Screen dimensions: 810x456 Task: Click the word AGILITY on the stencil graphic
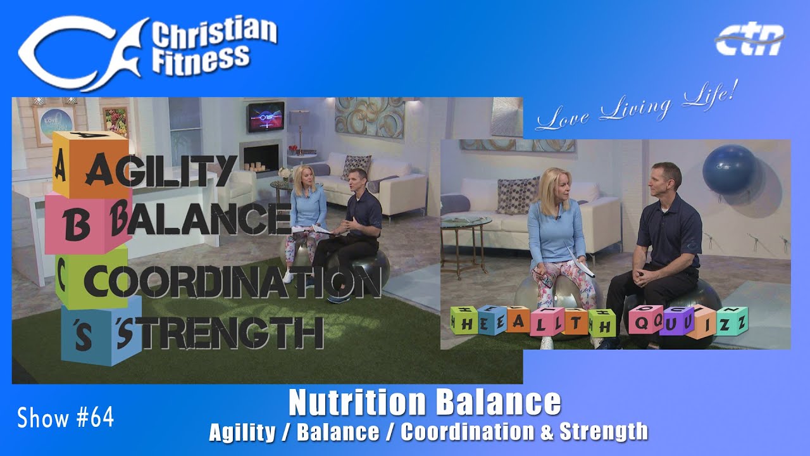click(x=161, y=170)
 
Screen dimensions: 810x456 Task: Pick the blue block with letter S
click(x=101, y=331)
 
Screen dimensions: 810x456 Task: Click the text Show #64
click(x=65, y=417)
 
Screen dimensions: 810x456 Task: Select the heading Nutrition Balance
click(x=425, y=403)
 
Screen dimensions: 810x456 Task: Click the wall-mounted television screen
click(x=266, y=117)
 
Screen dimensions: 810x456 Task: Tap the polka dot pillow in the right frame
click(x=518, y=196)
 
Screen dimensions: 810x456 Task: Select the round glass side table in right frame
click(x=466, y=235)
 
